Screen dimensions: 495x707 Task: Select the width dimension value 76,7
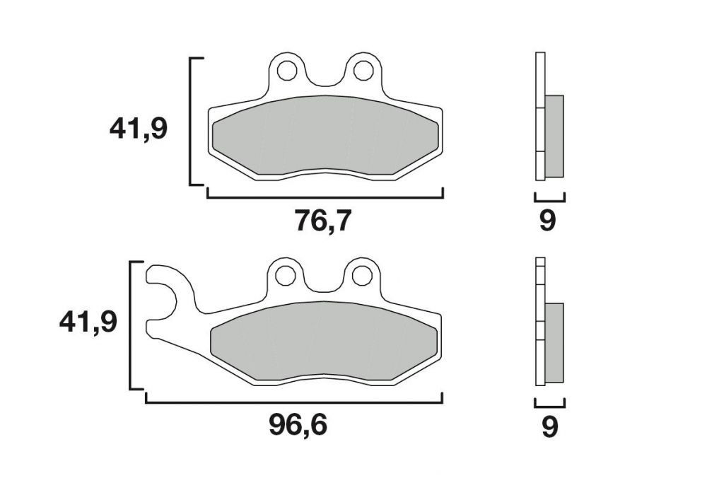(x=322, y=221)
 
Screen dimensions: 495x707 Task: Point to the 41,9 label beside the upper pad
(x=138, y=129)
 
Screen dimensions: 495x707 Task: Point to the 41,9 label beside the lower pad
(x=88, y=322)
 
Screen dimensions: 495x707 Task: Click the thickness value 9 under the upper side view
(x=548, y=221)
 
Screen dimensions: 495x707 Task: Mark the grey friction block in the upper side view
(x=554, y=136)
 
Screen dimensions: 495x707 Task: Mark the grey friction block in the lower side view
(x=554, y=342)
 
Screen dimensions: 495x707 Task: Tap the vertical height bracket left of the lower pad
(x=131, y=325)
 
